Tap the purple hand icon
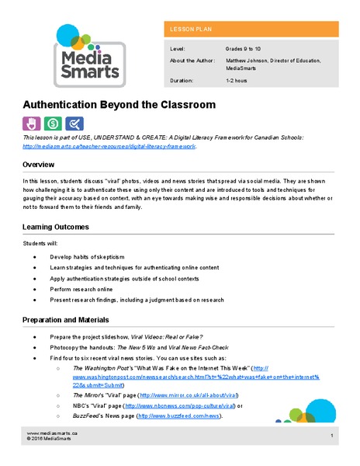click(x=32, y=123)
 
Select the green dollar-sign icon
click(x=53, y=123)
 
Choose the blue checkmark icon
click(x=74, y=123)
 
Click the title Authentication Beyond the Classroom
click(x=119, y=104)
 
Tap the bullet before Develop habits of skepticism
click(x=36, y=256)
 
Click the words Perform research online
click(x=84, y=286)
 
